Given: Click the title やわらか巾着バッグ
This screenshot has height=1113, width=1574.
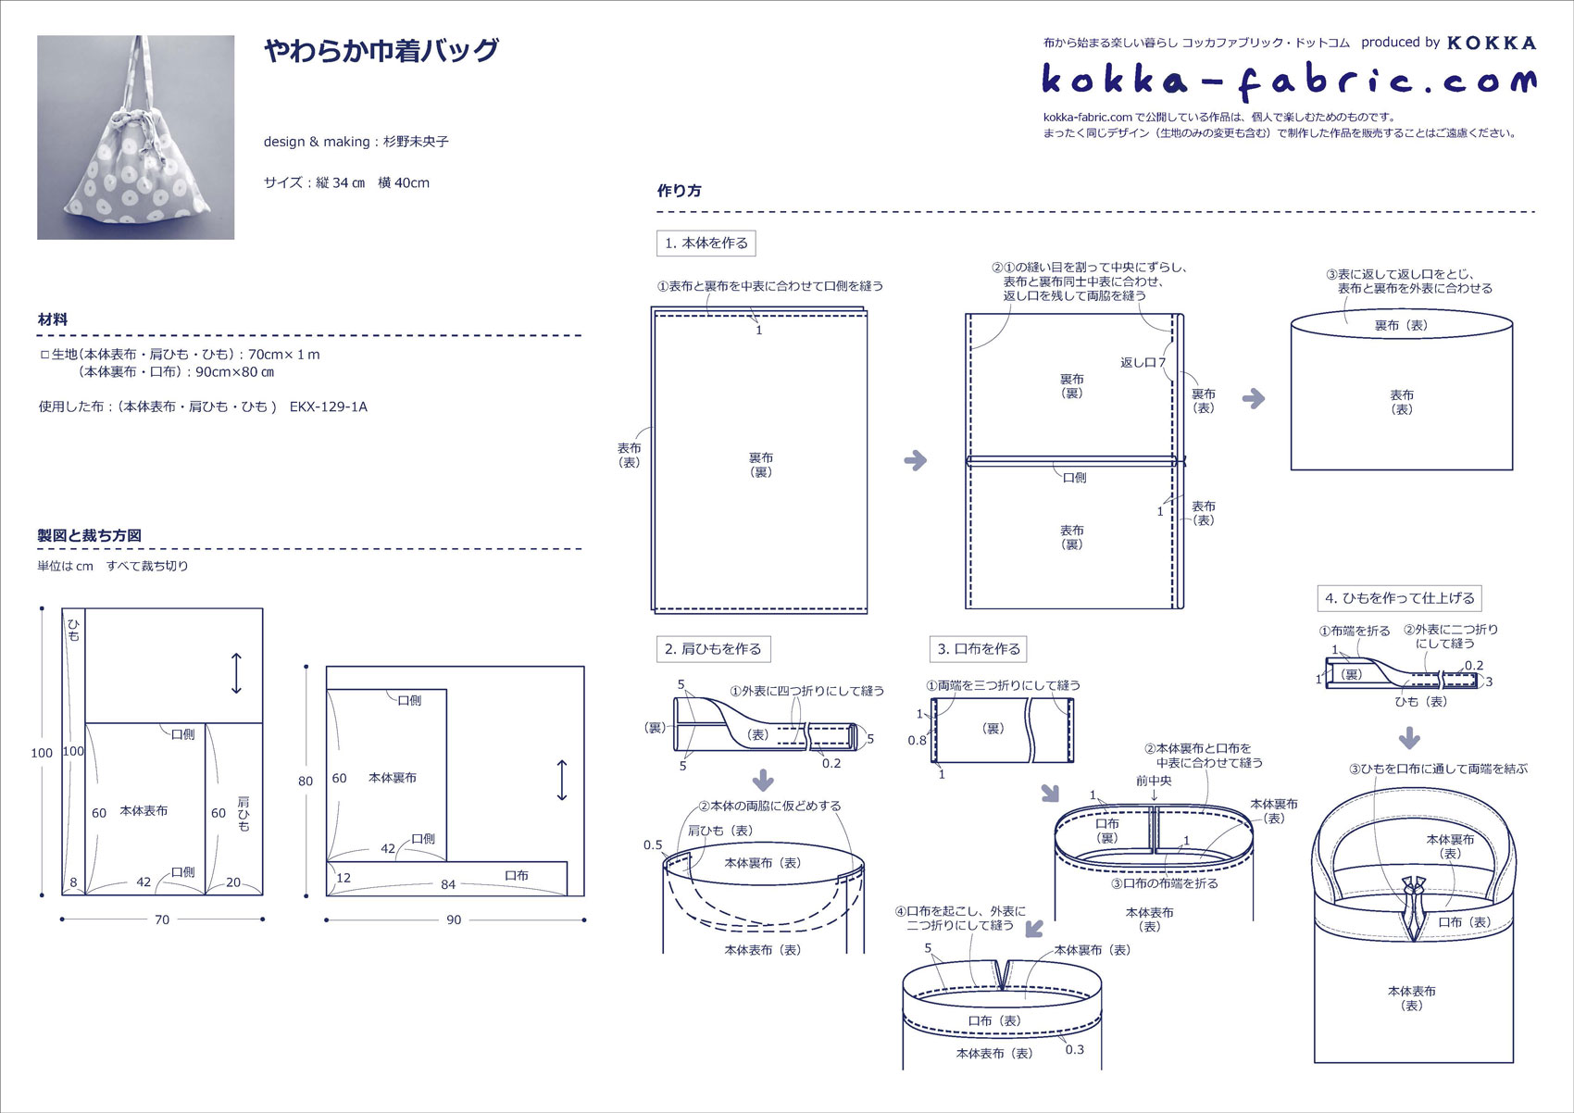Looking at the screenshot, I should pyautogui.click(x=381, y=50).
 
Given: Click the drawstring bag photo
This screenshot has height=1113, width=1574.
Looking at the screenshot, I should pyautogui.click(x=135, y=137).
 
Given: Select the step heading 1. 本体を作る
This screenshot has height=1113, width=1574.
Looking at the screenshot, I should pyautogui.click(x=706, y=244).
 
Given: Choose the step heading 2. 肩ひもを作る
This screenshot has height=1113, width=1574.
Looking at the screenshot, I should pyautogui.click(x=712, y=649).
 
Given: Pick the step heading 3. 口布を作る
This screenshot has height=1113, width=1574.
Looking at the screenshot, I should pyautogui.click(x=978, y=649).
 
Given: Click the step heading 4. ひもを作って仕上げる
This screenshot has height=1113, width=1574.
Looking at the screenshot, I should pyautogui.click(x=1398, y=598).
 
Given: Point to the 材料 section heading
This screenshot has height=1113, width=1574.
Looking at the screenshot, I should pyautogui.click(x=53, y=319).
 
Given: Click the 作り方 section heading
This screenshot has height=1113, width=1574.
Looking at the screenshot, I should pyautogui.click(x=679, y=191).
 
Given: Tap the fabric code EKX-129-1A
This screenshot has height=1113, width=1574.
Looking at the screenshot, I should pyautogui.click(x=329, y=406).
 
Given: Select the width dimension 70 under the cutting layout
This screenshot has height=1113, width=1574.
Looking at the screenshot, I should pyautogui.click(x=162, y=919).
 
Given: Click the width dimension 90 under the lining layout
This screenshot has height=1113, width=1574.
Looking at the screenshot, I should pyautogui.click(x=454, y=919).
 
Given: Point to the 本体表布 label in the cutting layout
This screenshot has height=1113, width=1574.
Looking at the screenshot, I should pyautogui.click(x=144, y=810).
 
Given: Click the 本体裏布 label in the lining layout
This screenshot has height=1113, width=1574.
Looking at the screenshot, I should pyautogui.click(x=393, y=778).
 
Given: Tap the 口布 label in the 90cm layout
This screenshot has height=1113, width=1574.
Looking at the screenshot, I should pyautogui.click(x=517, y=875).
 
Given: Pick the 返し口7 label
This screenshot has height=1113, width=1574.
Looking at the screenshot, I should pyautogui.click(x=1143, y=362).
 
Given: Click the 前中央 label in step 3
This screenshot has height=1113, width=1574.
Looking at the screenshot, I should pyautogui.click(x=1154, y=781).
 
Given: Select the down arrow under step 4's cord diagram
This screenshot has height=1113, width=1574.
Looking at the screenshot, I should pyautogui.click(x=1409, y=738).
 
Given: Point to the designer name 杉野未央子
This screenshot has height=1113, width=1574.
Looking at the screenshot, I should pyautogui.click(x=416, y=142).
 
